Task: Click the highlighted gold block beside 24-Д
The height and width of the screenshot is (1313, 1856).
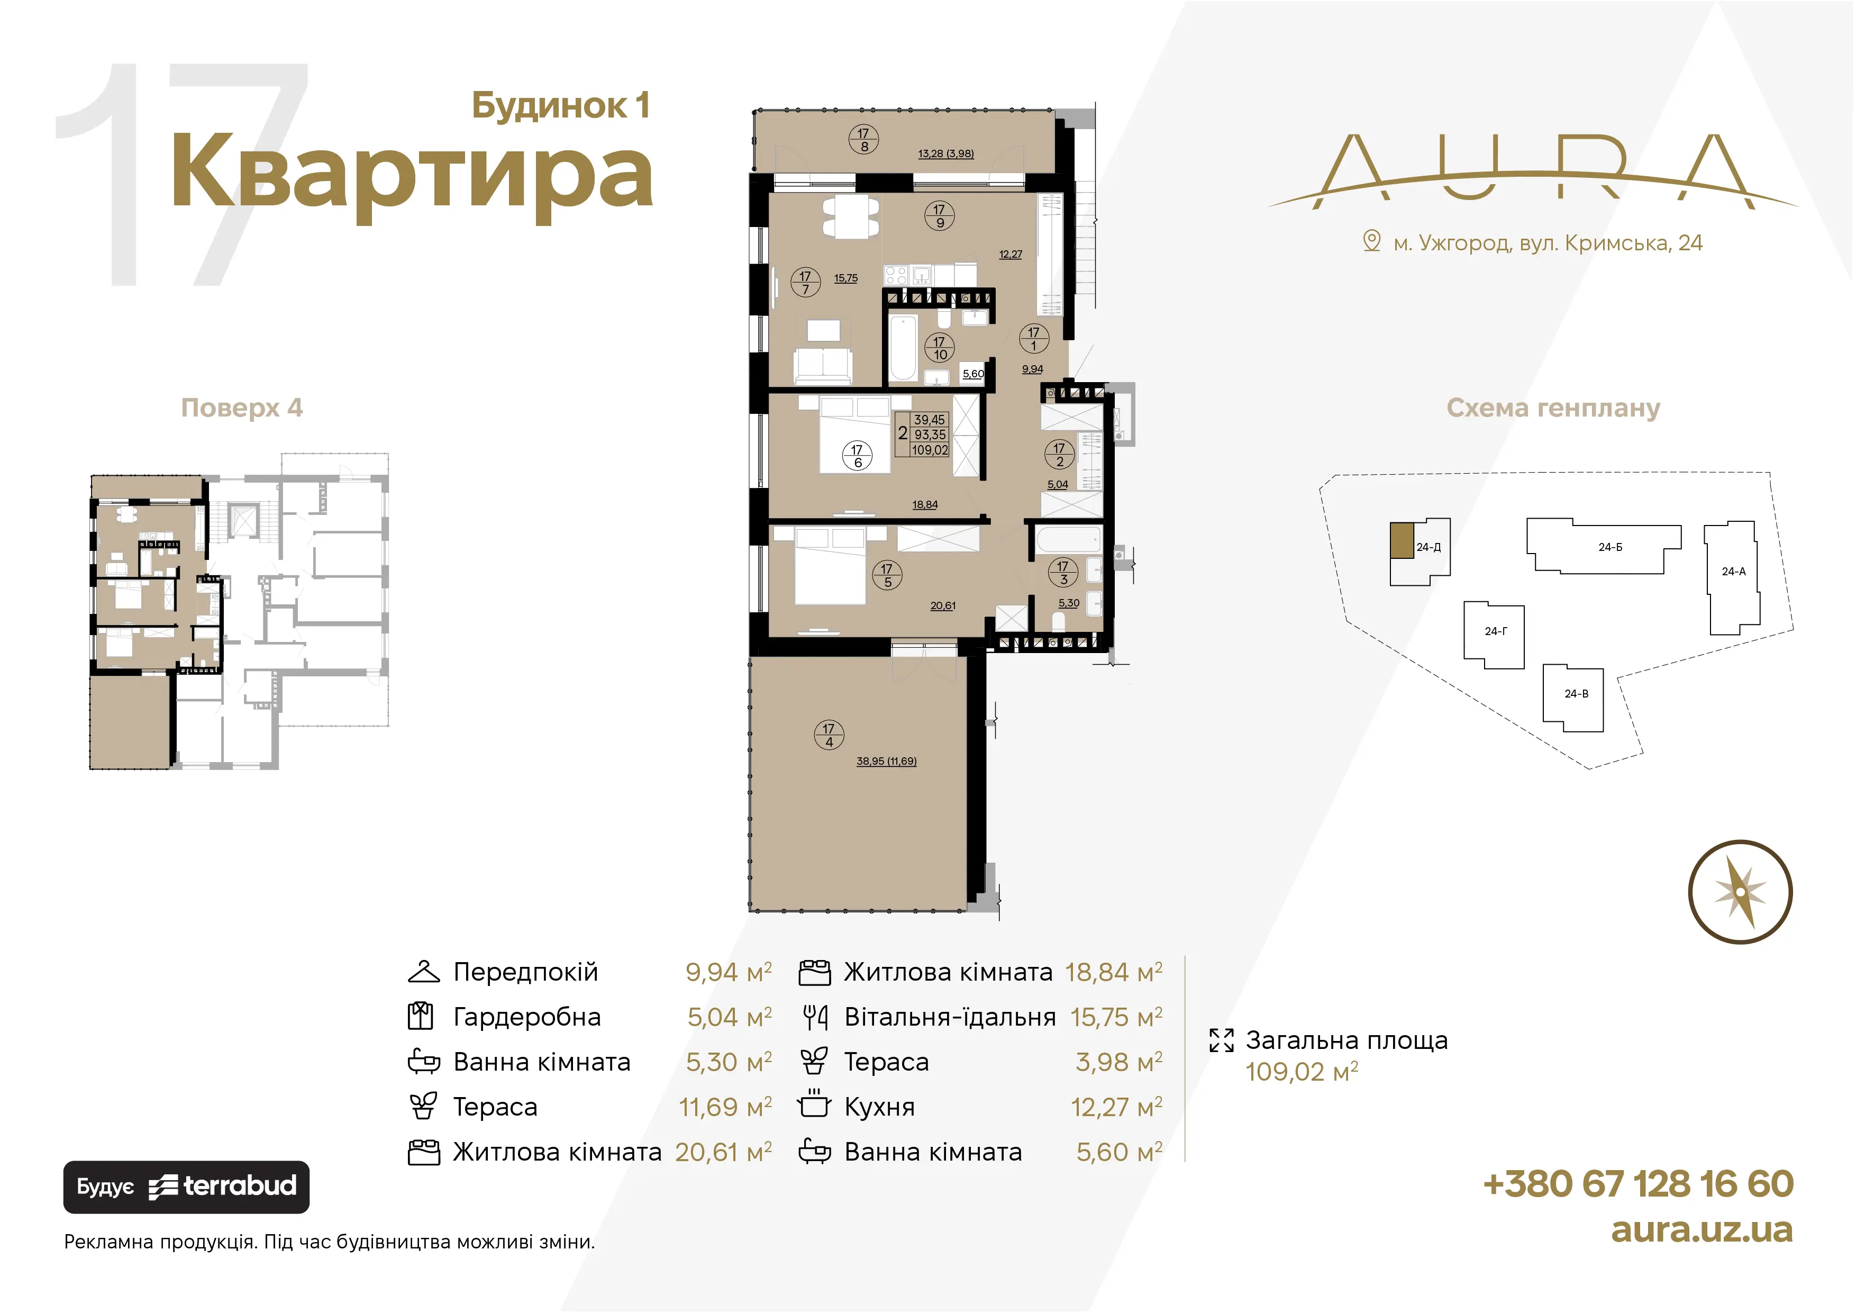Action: click(1402, 540)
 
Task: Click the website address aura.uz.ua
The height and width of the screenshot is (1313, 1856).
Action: click(1702, 1230)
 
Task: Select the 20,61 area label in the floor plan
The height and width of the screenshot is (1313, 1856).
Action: click(943, 605)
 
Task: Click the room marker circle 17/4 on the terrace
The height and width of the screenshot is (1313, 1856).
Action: click(829, 735)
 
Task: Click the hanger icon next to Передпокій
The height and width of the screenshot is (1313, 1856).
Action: click(424, 971)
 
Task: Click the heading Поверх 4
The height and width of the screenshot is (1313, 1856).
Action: click(242, 408)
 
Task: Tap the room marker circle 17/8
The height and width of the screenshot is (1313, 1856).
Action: click(863, 139)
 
